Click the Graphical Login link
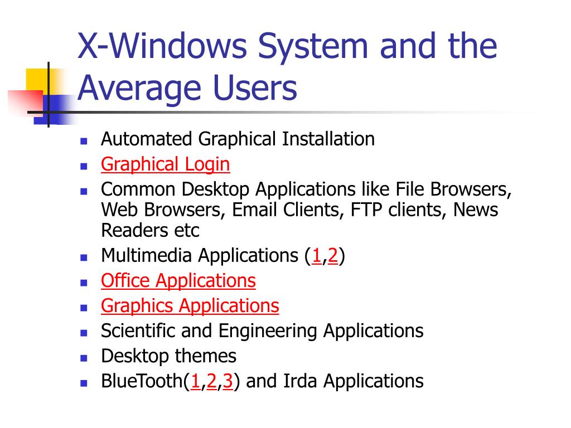[x=165, y=164]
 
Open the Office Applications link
[x=178, y=280]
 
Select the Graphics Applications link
[x=190, y=306]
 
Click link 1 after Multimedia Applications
[x=316, y=256]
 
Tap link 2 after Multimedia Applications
[x=333, y=256]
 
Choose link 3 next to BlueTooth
[x=228, y=381]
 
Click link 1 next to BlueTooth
[x=196, y=381]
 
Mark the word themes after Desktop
[x=206, y=356]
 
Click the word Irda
[x=301, y=381]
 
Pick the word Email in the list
[x=254, y=210]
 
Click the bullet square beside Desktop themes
[x=84, y=357]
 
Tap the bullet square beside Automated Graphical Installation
[x=84, y=140]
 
